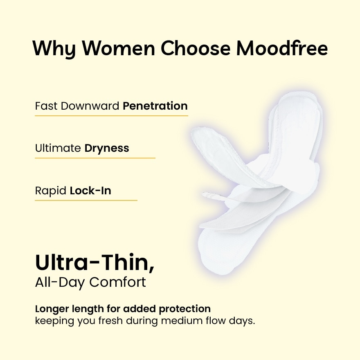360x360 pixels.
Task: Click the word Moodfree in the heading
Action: [x=282, y=49]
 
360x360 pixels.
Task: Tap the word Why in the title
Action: [x=53, y=49]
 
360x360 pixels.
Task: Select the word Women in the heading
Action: [x=118, y=49]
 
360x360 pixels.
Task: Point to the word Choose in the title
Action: [x=195, y=49]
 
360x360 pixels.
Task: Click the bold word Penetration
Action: [x=155, y=106]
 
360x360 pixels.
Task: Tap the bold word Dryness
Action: [x=107, y=148]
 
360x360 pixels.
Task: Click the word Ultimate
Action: [x=58, y=148]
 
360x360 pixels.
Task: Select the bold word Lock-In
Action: [x=90, y=191]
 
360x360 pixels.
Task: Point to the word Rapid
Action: [x=51, y=191]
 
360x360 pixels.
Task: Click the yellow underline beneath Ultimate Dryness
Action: [x=95, y=158]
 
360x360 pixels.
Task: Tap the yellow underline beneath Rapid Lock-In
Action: [x=86, y=200]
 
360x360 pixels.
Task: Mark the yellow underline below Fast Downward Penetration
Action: [x=111, y=116]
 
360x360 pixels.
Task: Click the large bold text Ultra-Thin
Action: [x=94, y=263]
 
